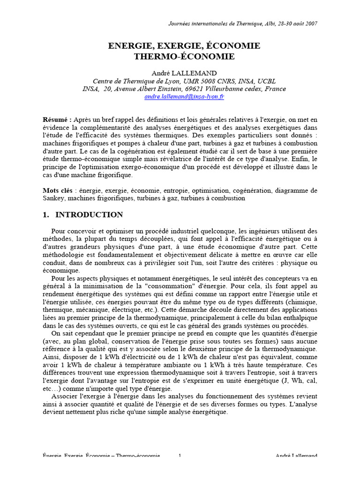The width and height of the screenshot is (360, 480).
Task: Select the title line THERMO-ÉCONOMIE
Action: point(184,57)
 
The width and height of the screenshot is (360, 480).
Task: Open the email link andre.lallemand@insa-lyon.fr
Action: point(184,97)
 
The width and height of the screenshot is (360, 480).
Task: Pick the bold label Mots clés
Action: point(59,191)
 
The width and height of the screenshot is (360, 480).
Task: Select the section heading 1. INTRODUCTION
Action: point(82,215)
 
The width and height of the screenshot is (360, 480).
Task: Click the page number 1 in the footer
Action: point(180,456)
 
